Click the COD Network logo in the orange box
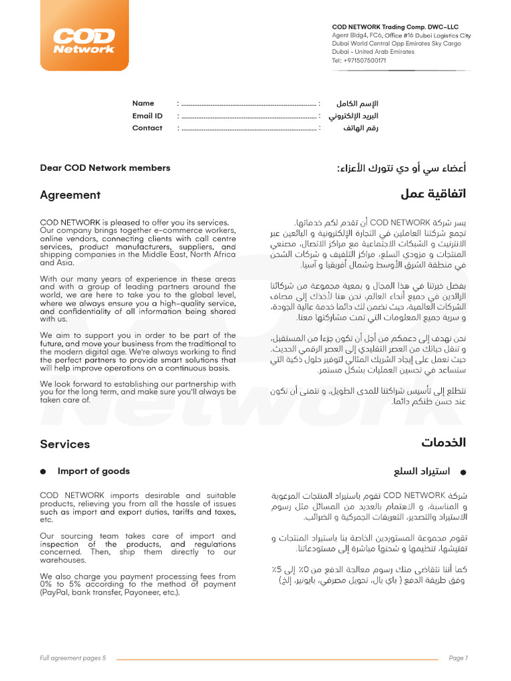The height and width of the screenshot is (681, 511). (84, 41)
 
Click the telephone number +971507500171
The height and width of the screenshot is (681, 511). (359, 60)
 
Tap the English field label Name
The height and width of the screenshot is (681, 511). (143, 103)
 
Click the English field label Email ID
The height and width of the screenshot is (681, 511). (147, 116)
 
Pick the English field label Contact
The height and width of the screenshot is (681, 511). (147, 128)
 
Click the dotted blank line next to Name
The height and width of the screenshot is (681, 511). (249, 104)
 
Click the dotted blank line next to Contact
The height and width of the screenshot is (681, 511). (249, 128)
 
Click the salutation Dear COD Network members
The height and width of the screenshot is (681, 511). (105, 168)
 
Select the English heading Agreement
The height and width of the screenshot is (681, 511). (70, 195)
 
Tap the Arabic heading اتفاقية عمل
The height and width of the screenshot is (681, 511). (433, 194)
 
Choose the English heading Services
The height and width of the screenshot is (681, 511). (65, 444)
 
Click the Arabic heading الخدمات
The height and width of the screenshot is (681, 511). (443, 443)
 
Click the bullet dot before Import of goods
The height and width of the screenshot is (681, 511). (43, 472)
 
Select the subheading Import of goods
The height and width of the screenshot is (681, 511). (94, 471)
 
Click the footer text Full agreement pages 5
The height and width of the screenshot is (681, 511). (73, 658)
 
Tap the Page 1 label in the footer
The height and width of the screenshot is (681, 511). (458, 658)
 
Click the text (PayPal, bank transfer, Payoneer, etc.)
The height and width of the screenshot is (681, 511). (110, 593)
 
